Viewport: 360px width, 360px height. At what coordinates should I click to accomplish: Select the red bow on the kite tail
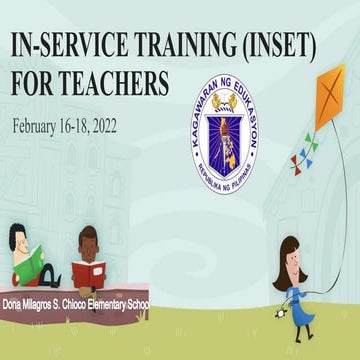pos(297,161)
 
